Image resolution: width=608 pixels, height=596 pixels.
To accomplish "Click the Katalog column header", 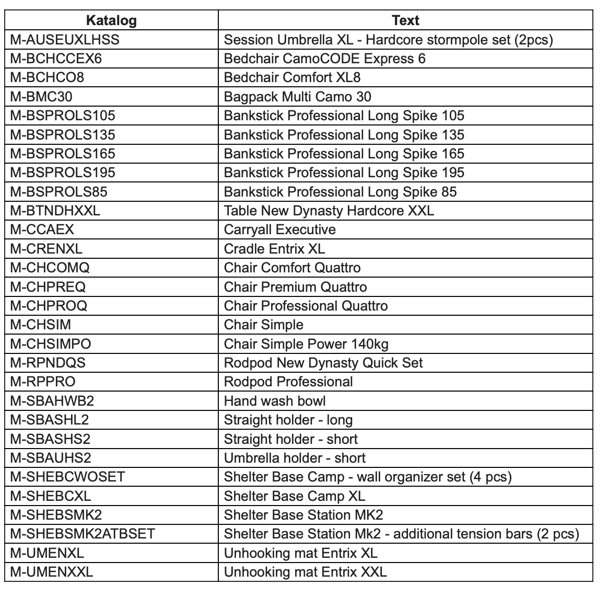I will point(111,20).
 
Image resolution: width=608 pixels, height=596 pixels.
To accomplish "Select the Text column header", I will point(405,20).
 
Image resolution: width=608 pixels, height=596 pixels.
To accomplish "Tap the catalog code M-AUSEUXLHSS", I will point(65,40).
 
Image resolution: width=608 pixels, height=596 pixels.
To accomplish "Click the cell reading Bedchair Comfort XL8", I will point(292,78).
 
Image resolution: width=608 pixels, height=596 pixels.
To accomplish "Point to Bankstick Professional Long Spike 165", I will point(344,154).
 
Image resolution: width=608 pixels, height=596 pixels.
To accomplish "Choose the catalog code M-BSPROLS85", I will point(59,192).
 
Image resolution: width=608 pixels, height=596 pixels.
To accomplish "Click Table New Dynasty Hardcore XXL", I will point(329,211).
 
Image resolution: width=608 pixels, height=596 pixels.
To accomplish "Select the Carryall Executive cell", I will point(279,230).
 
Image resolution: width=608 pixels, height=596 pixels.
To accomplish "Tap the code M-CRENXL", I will point(46,249).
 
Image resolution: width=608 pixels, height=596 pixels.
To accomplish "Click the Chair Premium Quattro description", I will point(295,287).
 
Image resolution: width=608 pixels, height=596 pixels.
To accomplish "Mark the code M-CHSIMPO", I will point(51,344).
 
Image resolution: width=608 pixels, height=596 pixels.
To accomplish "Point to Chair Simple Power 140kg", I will point(306,344).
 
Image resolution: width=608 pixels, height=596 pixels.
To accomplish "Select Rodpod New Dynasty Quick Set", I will point(323,363).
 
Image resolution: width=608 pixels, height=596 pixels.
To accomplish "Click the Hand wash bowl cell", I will point(274,401).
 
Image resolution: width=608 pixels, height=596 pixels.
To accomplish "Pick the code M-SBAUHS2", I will point(51,458).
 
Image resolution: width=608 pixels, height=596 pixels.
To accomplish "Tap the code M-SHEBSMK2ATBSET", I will point(83,534).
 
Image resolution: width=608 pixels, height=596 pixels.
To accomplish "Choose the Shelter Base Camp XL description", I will point(294,496).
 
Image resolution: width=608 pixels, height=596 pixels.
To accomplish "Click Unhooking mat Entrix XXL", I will point(305,572).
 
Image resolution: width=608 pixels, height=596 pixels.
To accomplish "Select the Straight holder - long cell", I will point(288,420).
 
